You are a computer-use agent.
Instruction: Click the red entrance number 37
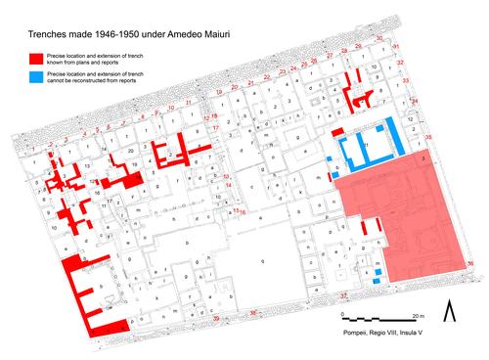[343, 293]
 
